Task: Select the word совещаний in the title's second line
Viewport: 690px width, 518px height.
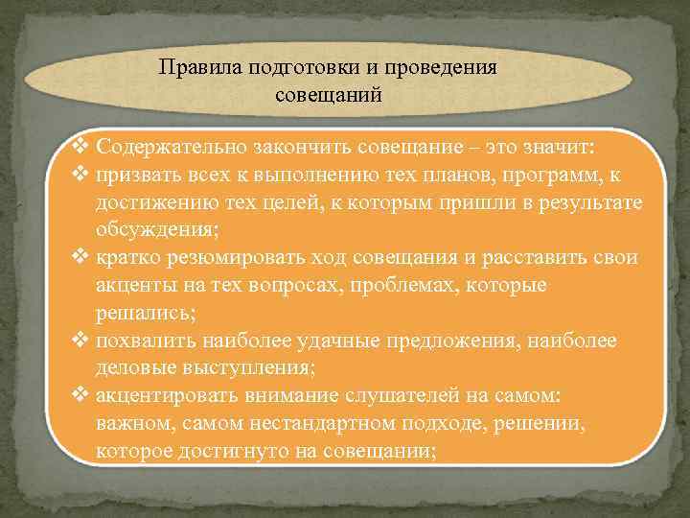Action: point(329,96)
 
